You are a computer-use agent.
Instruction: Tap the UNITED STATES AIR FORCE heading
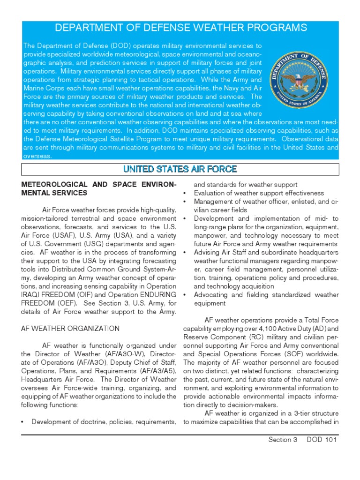click(x=180, y=169)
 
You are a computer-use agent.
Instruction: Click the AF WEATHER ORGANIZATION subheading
click(x=70, y=328)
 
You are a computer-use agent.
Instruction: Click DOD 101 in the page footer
click(x=322, y=440)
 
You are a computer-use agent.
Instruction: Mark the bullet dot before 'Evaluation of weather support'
click(x=186, y=193)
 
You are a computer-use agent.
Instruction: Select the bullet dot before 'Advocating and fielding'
click(x=186, y=295)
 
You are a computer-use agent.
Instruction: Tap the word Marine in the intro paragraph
click(x=33, y=89)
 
